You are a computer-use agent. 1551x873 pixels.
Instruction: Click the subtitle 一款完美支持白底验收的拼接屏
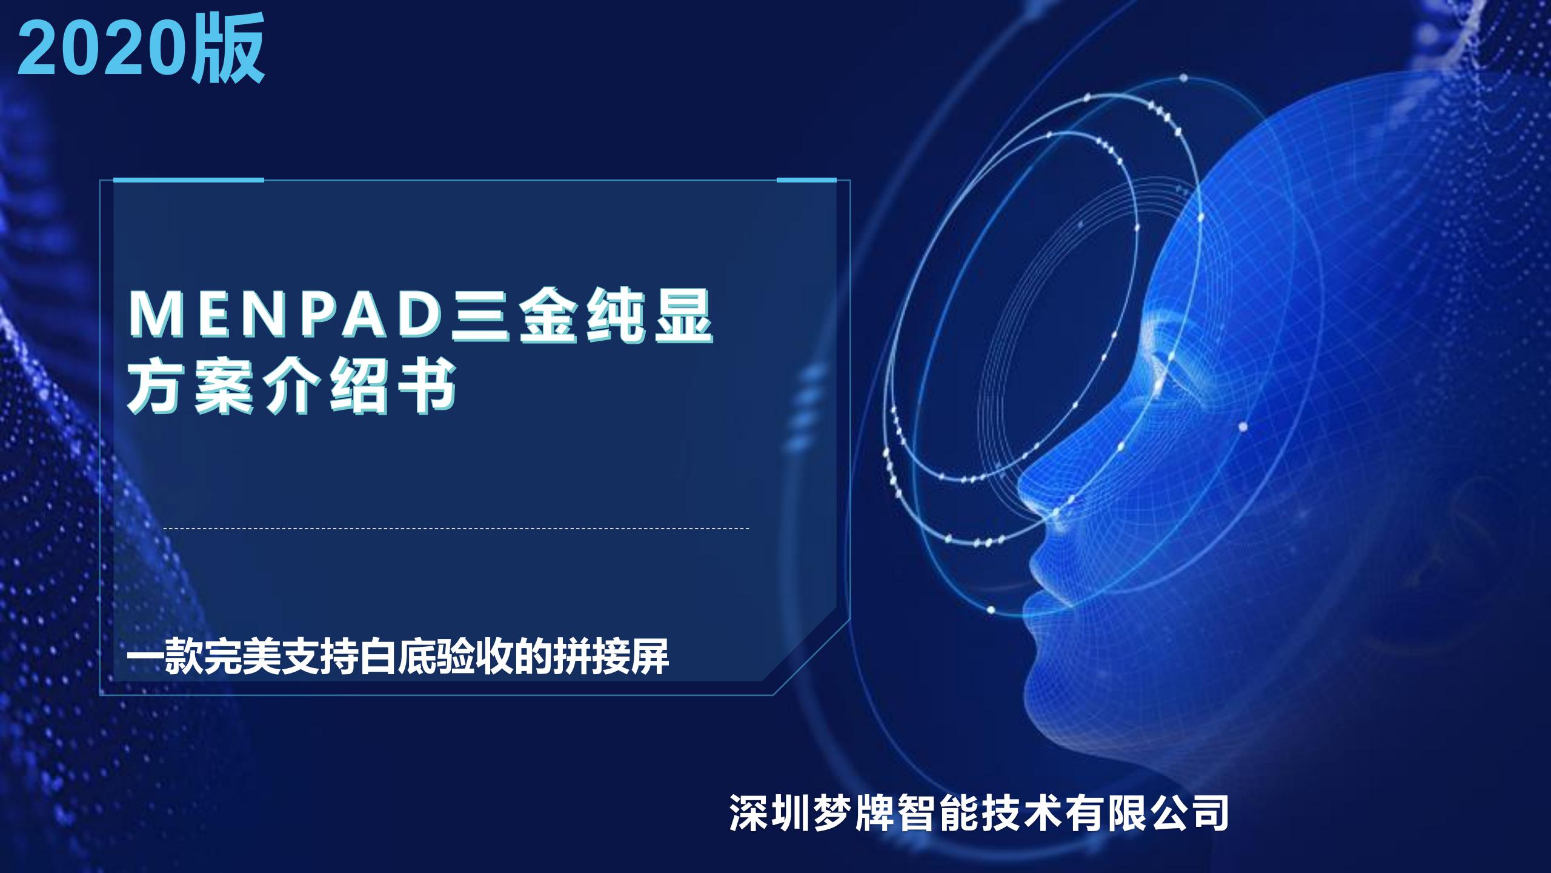click(398, 655)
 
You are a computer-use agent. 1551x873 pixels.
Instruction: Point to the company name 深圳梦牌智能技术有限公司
click(979, 812)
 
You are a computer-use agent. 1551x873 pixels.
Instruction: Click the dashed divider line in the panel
click(457, 529)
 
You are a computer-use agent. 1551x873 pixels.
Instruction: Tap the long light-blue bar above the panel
click(188, 179)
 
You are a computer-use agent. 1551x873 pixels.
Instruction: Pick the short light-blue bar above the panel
click(806, 179)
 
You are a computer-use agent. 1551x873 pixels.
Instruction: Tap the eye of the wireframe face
click(1160, 364)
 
